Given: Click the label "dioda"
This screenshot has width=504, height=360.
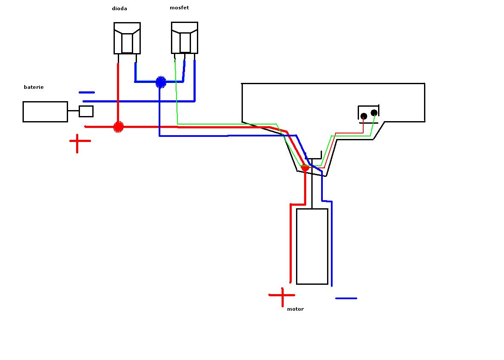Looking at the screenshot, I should (119, 9).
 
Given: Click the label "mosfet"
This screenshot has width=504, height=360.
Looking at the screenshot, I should (179, 8).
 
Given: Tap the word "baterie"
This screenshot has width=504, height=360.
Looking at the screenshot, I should (34, 87).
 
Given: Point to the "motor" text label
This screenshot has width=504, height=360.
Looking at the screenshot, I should (295, 309).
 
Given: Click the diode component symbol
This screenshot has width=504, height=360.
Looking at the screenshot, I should (127, 38).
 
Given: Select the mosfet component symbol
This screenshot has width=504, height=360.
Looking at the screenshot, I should (185, 38).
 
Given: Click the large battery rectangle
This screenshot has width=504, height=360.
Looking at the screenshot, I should (45, 112).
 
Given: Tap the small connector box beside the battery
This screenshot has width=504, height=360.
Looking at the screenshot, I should (86, 111).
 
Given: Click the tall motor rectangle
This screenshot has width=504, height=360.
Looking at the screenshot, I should (312, 246).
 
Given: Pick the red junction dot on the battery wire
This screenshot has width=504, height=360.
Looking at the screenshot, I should (118, 126).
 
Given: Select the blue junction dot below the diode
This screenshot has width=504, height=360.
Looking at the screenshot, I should (160, 82).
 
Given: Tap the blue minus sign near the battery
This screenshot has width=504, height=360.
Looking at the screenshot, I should (87, 92).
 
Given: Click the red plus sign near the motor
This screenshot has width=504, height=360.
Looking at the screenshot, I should (282, 295).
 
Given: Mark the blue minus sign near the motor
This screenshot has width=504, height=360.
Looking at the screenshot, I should (346, 298).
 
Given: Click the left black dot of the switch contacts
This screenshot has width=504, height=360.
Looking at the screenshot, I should (364, 116).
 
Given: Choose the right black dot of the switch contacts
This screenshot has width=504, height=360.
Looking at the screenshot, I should (374, 113).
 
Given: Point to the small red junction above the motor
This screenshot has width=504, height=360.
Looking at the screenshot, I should (305, 168).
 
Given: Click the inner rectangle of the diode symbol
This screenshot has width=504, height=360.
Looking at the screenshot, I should (127, 43).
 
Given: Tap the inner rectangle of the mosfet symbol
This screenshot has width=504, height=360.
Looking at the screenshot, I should (185, 42).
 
